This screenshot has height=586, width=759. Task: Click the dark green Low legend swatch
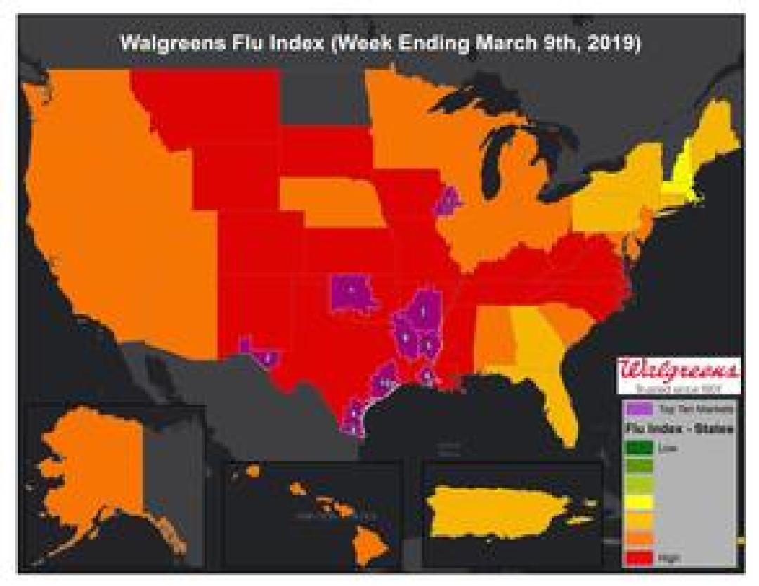coord(637,446)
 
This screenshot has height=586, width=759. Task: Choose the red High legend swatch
coord(637,556)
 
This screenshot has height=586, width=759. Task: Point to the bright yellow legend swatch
coord(637,501)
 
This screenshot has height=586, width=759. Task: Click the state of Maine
coord(717,127)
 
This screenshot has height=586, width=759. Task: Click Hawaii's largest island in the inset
coord(366,542)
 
